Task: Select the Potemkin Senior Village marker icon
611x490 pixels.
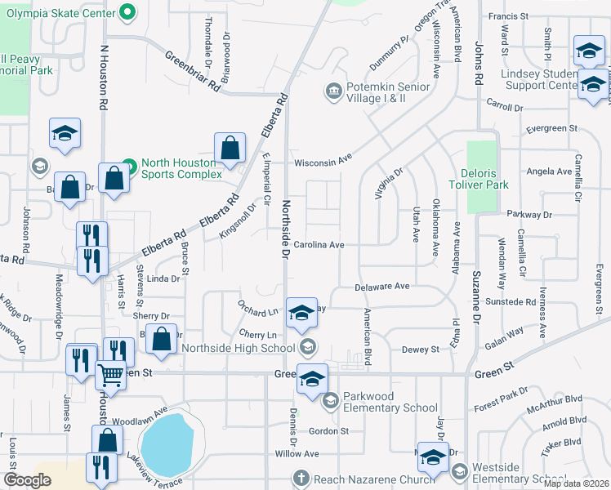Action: click(333, 90)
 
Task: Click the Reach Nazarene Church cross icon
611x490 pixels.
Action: click(301, 477)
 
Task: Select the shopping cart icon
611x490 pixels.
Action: click(111, 376)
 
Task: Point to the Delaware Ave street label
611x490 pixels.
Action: click(381, 287)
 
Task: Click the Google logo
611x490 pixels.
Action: click(27, 480)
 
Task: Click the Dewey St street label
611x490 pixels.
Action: click(420, 350)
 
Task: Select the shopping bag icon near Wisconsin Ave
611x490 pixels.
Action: click(230, 148)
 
